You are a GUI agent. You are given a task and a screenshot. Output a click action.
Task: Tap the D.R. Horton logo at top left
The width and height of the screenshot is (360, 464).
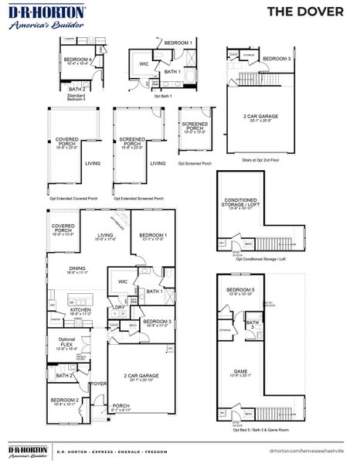[36, 16]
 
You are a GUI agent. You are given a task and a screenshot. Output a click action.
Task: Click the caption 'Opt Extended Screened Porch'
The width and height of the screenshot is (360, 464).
[139, 198]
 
